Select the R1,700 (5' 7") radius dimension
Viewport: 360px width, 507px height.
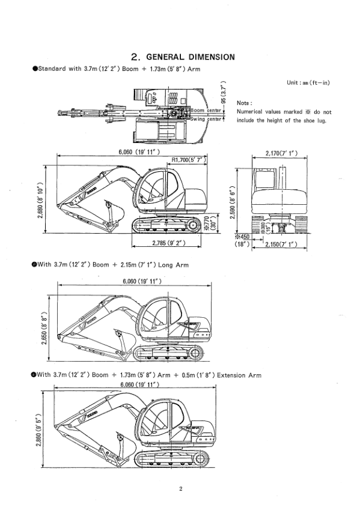(x=189, y=160)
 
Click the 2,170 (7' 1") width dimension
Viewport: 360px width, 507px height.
(x=282, y=153)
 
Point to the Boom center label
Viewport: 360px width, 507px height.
(x=206, y=111)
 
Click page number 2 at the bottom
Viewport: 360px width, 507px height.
(x=180, y=488)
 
